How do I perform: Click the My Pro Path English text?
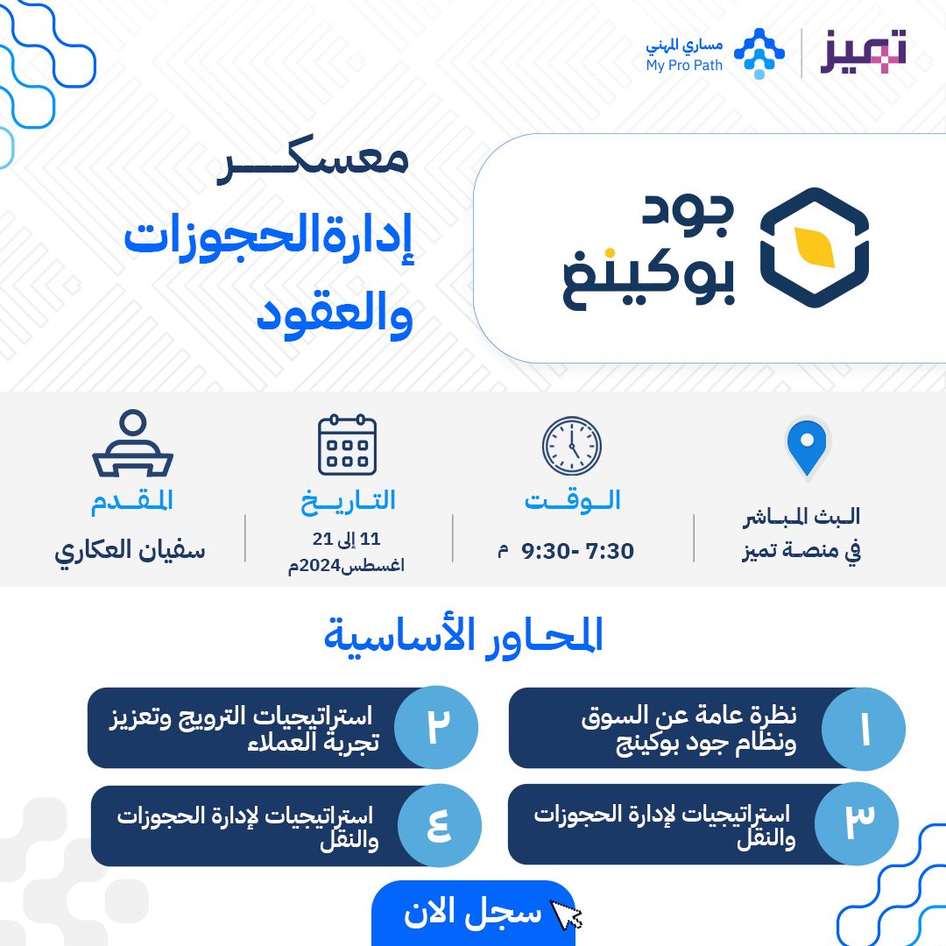pyautogui.click(x=684, y=66)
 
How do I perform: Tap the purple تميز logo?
pyautogui.click(x=863, y=53)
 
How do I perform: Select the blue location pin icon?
pyautogui.click(x=806, y=447)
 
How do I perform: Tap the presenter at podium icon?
pyautogui.click(x=132, y=444)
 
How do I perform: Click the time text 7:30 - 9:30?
pyautogui.click(x=577, y=551)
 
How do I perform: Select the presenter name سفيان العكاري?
pyautogui.click(x=131, y=550)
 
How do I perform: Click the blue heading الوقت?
pyautogui.click(x=573, y=501)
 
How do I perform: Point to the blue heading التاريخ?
pyautogui.click(x=349, y=501)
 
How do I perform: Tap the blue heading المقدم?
pyautogui.click(x=132, y=501)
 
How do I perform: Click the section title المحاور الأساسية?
pyautogui.click(x=463, y=635)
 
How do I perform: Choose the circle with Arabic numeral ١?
pyautogui.click(x=864, y=730)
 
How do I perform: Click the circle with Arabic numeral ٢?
pyautogui.click(x=436, y=728)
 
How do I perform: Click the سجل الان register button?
pyautogui.click(x=473, y=913)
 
